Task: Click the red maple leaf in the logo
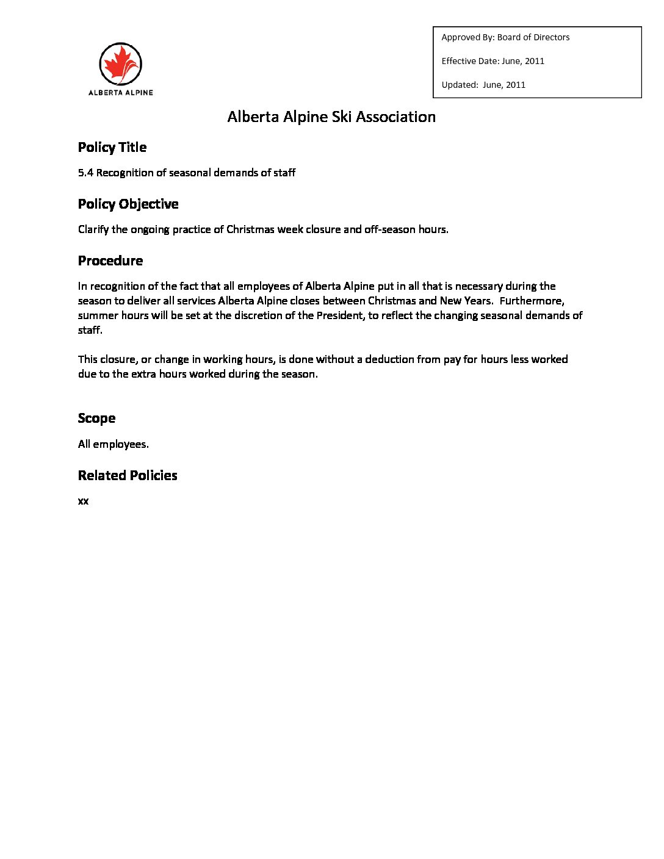[x=119, y=64]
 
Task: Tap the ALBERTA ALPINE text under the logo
[x=121, y=93]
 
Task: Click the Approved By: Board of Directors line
[x=505, y=37]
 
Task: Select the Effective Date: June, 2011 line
[x=493, y=61]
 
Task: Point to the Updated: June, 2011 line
[x=483, y=85]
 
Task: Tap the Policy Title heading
[x=112, y=147]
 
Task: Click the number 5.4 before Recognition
[x=85, y=173]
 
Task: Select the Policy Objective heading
[x=128, y=204]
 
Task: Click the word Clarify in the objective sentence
[x=93, y=229]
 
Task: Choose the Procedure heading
[x=110, y=261]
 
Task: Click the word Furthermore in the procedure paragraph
[x=532, y=301]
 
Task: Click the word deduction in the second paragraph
[x=389, y=359]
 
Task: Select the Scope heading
[x=96, y=418]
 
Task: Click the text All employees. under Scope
[x=113, y=444]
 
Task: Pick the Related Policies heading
[x=128, y=475]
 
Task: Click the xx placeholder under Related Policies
[x=83, y=501]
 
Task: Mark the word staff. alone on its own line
[x=90, y=330]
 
